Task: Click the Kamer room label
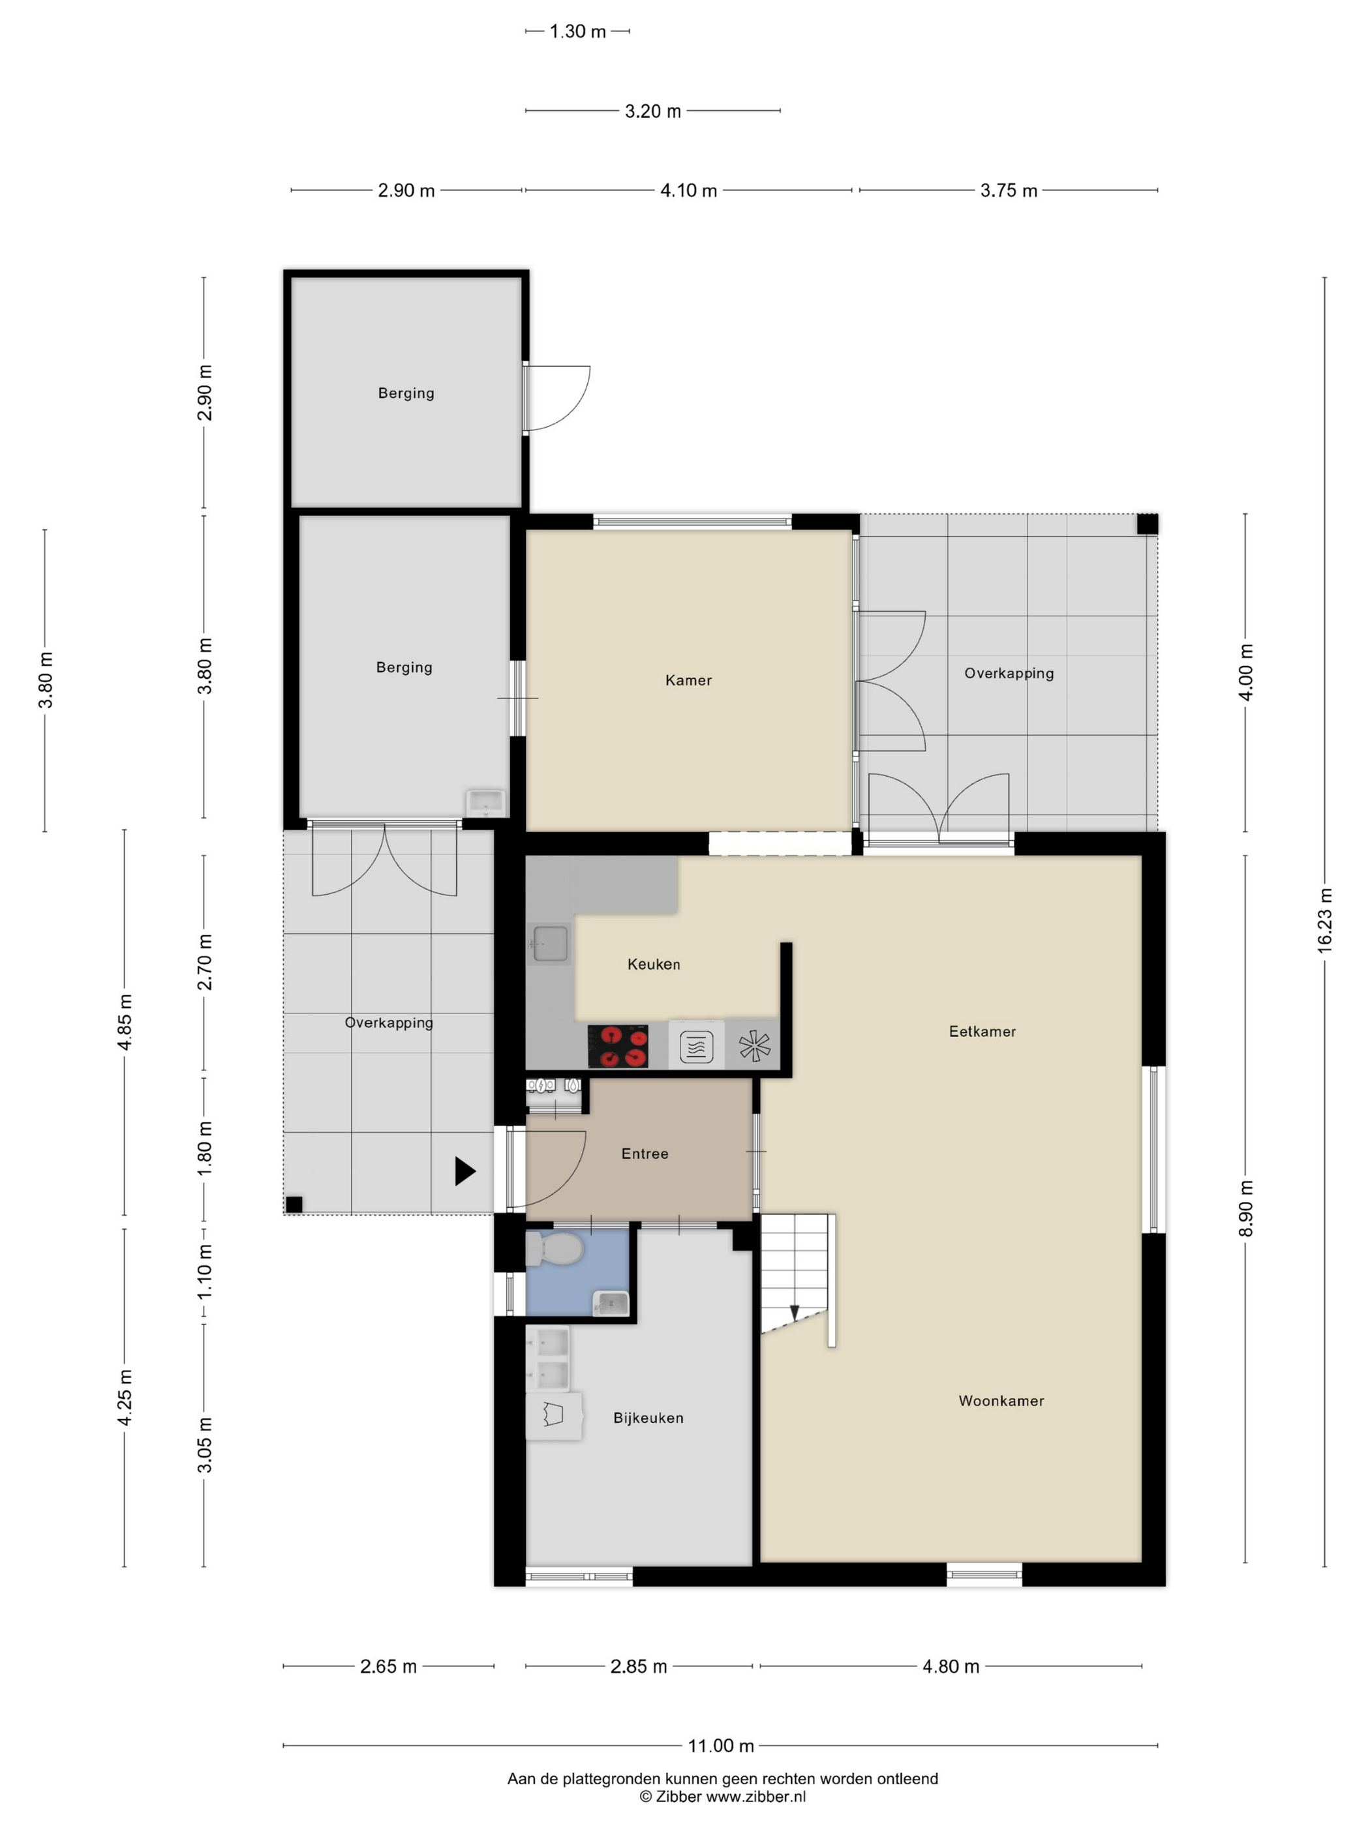pos(688,680)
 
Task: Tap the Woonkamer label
pos(1001,1401)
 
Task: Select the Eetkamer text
pos(982,1031)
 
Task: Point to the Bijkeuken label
pos(648,1418)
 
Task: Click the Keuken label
pos(653,964)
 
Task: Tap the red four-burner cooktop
pos(618,1046)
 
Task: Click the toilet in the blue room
pos(555,1249)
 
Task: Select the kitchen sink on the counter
pos(550,944)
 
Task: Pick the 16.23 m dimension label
pos(1324,920)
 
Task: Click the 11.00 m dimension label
pos(721,1745)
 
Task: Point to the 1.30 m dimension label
pos(578,31)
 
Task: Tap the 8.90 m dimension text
pos(1245,1208)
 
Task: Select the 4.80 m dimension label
pos(951,1666)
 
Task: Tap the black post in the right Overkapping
pos(1147,524)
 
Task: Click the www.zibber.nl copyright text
pos(723,1796)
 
